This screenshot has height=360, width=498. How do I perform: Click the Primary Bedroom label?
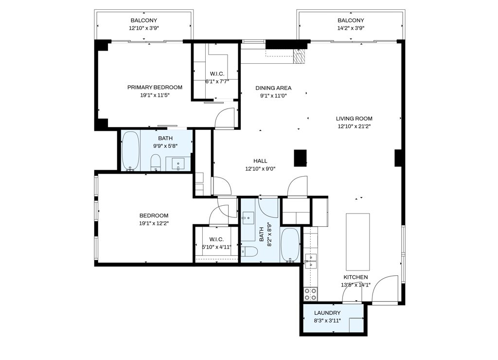(155, 88)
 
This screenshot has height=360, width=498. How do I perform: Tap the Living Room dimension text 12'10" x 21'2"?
(354, 126)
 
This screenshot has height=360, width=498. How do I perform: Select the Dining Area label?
(273, 88)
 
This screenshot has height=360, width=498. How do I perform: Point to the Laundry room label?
(327, 313)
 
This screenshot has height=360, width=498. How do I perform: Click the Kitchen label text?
(356, 277)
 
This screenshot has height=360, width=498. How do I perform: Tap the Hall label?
(260, 161)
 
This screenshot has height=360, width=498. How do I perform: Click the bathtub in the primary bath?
(130, 151)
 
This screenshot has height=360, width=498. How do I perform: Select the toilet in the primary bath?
(156, 162)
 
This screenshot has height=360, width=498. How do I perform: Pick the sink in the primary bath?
(178, 164)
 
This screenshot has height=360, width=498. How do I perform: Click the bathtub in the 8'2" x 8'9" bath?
(290, 245)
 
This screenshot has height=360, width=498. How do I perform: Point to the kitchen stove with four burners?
(310, 294)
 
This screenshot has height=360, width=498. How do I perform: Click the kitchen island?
(357, 241)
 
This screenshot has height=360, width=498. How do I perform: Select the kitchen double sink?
(310, 261)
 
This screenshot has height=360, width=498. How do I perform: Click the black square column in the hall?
(301, 158)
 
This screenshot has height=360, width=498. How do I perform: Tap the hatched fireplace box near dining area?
(300, 56)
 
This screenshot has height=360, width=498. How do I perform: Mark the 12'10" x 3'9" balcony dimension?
(144, 28)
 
